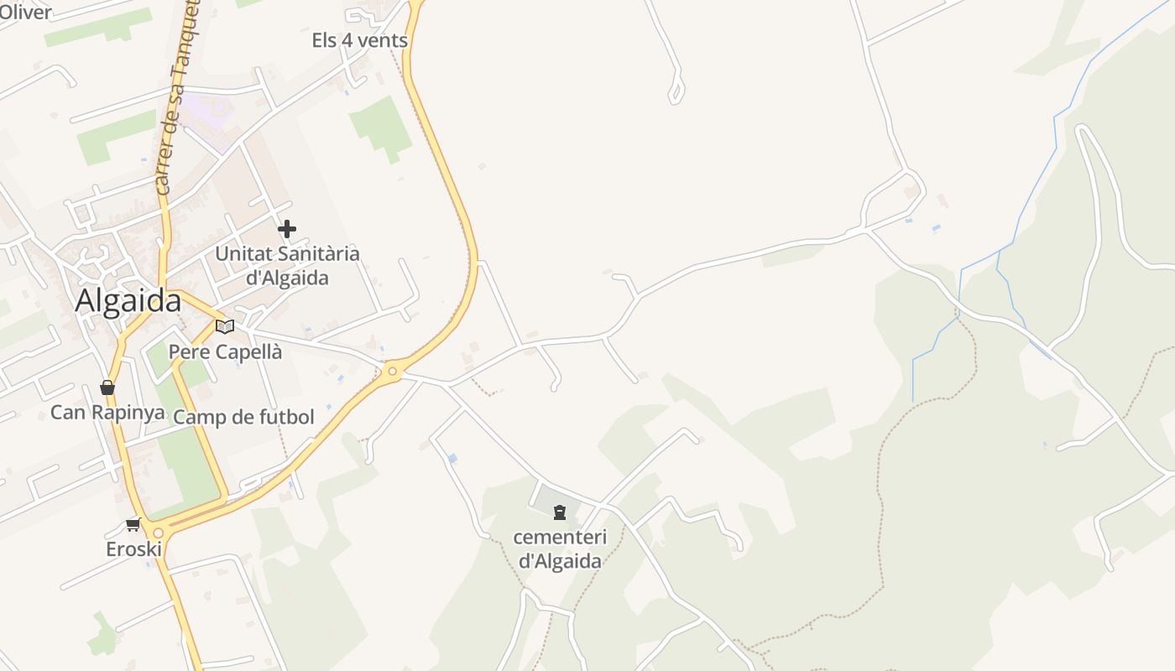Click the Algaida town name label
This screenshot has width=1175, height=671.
(128, 301)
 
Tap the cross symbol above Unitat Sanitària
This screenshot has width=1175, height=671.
(287, 229)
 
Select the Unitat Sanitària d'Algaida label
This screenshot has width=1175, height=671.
(287, 265)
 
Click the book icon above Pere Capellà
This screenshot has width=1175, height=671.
(224, 326)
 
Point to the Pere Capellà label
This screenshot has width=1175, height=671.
(225, 352)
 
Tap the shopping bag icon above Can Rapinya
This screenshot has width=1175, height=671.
(107, 388)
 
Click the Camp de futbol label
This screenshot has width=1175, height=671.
(243, 418)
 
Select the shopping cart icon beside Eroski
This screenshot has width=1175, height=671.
(133, 525)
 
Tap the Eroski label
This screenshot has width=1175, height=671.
(133, 549)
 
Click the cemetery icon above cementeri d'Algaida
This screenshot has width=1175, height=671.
(560, 512)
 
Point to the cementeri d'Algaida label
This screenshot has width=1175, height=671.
(560, 549)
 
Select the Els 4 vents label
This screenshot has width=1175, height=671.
(359, 40)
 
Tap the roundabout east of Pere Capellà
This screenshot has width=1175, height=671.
(392, 371)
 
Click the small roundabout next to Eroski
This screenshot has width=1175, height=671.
(158, 533)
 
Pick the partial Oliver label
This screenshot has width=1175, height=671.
(25, 12)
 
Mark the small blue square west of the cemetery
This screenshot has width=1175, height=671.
(453, 458)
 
